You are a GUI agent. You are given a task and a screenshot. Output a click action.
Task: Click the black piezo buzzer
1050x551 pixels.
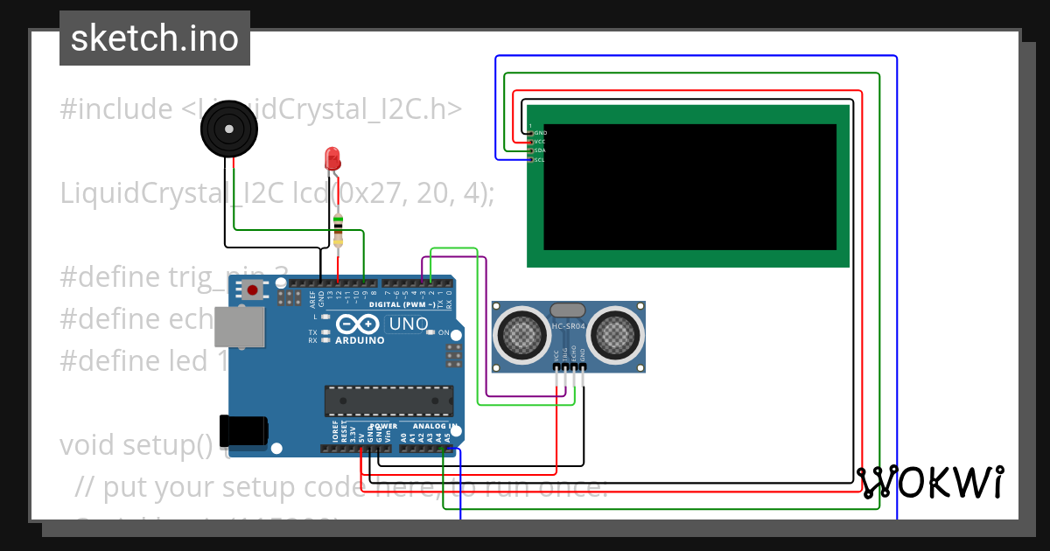point(229,129)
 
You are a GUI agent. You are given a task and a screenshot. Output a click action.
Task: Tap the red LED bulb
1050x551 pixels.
point(332,158)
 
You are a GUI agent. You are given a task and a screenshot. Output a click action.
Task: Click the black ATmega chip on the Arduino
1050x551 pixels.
point(388,400)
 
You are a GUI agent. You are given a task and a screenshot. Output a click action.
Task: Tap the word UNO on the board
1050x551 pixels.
point(408,324)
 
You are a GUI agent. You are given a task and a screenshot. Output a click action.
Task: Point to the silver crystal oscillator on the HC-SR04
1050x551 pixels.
point(567,310)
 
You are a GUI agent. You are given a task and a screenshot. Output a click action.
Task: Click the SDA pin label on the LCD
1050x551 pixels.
point(540,150)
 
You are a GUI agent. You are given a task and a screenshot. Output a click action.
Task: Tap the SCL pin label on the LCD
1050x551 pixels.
point(540,159)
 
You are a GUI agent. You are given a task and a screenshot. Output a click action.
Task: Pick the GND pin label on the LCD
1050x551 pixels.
point(540,133)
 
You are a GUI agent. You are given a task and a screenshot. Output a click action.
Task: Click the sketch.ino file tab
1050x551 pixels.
point(155,38)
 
